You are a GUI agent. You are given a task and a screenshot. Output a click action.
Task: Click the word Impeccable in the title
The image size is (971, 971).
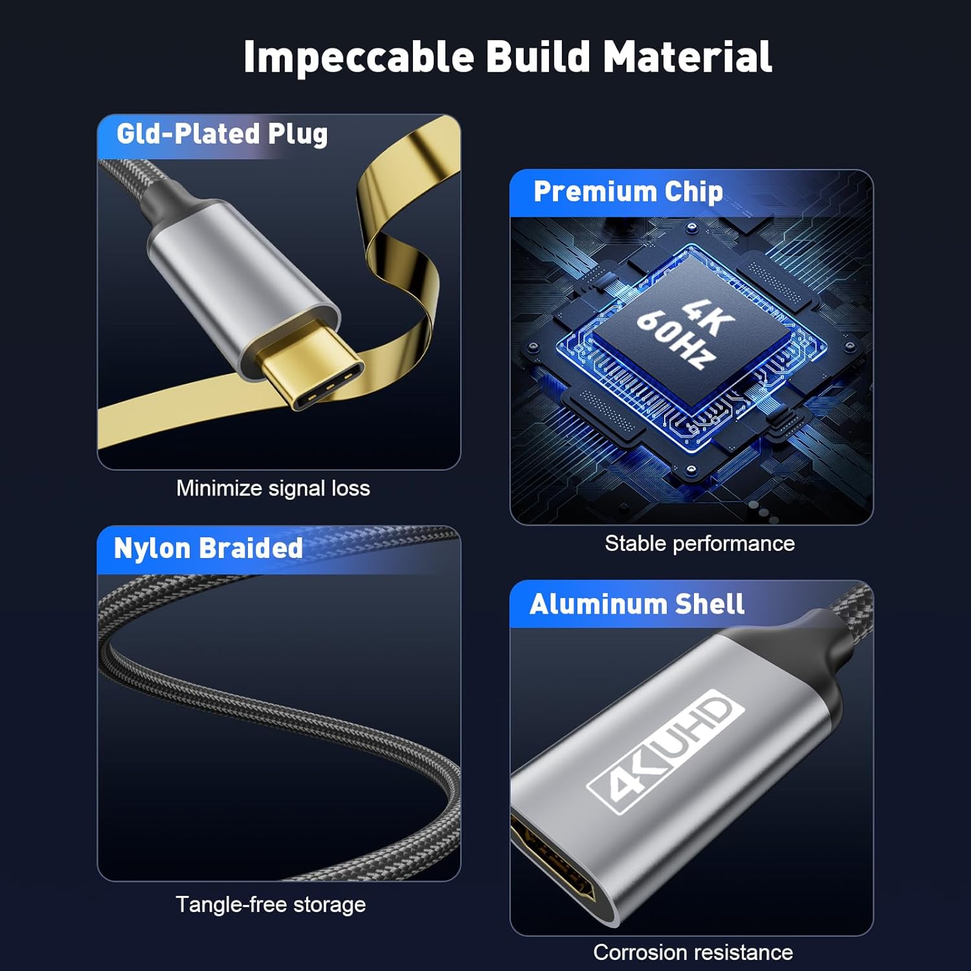359,58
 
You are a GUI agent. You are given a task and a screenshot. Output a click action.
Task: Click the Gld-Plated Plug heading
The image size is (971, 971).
222,134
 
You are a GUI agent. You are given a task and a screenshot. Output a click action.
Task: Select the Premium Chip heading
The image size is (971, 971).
628,192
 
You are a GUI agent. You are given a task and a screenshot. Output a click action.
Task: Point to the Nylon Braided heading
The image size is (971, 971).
208,548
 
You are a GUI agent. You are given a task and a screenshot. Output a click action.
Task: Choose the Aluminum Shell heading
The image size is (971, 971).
637,604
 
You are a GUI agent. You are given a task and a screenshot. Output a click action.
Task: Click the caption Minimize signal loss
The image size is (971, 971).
273,488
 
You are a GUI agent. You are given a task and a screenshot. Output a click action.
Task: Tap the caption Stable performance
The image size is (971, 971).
700,544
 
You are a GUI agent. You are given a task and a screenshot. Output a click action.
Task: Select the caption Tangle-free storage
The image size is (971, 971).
271,904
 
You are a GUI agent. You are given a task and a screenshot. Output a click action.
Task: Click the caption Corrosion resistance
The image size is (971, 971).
693,952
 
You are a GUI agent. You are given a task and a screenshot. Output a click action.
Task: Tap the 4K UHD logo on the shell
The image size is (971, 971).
665,752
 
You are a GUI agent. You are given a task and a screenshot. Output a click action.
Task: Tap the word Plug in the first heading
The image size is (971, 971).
298,135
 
